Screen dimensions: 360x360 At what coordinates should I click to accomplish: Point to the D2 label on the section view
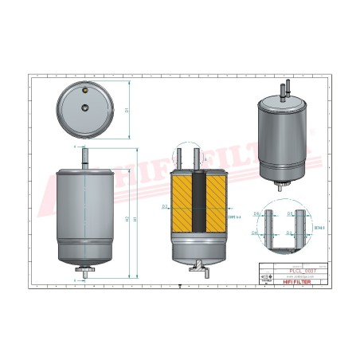point(164,207)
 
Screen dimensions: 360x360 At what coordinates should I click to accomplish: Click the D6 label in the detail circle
point(256,215)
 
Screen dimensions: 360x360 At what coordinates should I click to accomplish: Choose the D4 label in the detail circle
point(256,233)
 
